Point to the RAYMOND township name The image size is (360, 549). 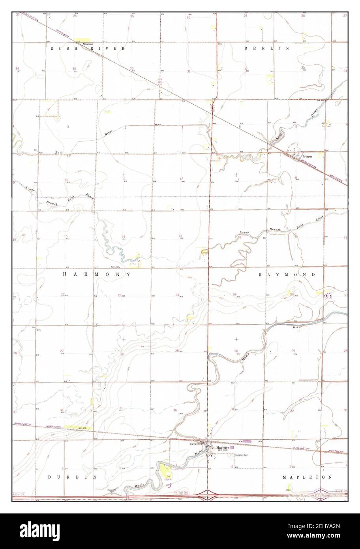tap(287, 274)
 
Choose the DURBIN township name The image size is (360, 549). tap(72, 477)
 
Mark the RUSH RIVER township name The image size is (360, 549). tap(88, 48)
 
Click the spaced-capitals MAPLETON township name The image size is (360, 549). tap(307, 477)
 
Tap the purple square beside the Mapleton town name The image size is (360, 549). tap(232, 448)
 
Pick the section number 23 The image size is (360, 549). tap(119, 295)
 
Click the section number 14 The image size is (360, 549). tap(123, 237)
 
